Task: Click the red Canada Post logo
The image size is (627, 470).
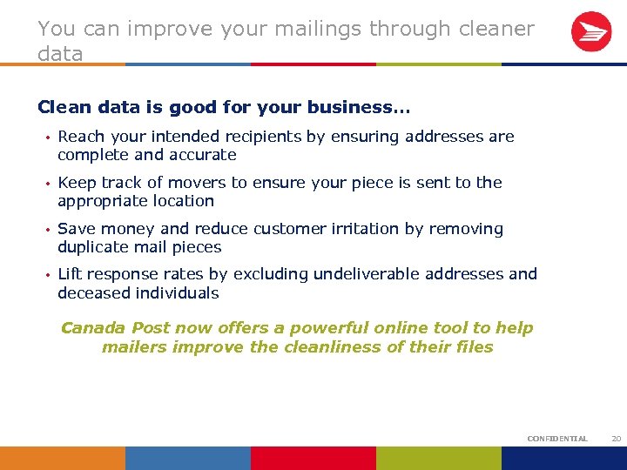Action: (x=591, y=32)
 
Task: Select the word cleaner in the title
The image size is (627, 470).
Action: (x=494, y=29)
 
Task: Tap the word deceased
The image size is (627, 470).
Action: (x=94, y=293)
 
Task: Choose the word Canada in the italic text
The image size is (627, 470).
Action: (x=93, y=328)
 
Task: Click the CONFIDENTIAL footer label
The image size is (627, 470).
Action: (x=557, y=439)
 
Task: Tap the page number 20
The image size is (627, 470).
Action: (x=616, y=439)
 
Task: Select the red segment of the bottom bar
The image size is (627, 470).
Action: (x=313, y=458)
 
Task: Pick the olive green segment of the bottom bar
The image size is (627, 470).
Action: (x=439, y=458)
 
